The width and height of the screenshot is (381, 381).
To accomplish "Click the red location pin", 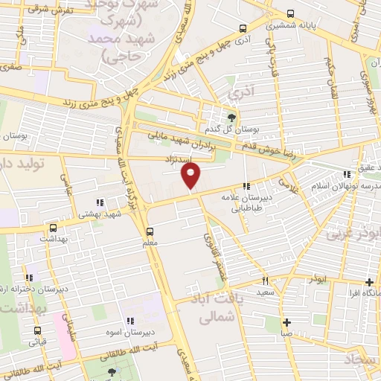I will (191, 176).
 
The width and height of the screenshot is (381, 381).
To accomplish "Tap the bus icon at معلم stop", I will (150, 231).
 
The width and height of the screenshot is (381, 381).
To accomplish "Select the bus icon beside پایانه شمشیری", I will (290, 13).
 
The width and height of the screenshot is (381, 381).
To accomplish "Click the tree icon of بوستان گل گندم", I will (231, 117).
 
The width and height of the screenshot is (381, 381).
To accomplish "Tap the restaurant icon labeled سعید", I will (265, 281).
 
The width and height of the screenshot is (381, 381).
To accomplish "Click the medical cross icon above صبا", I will (286, 322).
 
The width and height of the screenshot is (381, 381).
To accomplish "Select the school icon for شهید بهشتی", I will (99, 202).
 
